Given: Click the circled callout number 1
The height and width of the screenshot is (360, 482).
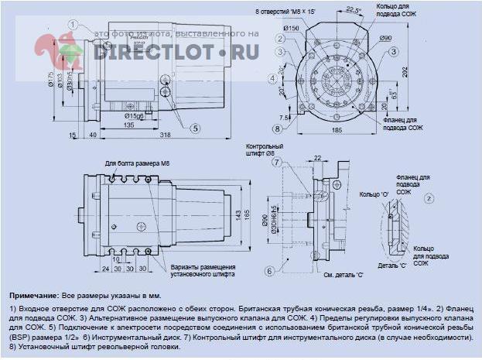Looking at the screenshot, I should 71,24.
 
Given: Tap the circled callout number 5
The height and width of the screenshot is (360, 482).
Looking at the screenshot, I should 196,128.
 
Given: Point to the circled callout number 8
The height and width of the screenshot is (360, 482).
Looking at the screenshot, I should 277,129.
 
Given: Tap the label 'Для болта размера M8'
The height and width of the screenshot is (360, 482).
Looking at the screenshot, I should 132,163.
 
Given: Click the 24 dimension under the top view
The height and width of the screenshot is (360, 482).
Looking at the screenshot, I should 105,269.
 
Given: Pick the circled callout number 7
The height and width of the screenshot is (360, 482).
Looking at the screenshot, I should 275,163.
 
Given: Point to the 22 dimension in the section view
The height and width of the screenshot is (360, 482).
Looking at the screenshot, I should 318,159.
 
